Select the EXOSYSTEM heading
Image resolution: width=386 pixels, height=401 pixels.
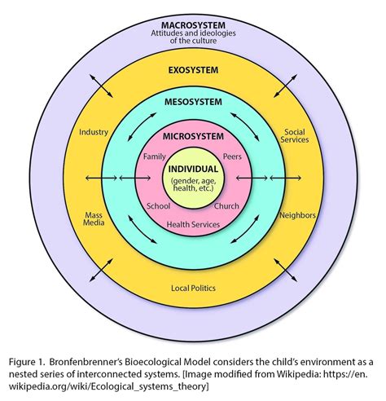(x=193, y=71)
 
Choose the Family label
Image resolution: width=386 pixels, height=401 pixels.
(x=155, y=155)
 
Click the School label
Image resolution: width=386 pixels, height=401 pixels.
(x=157, y=206)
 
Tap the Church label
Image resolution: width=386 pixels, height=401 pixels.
(x=227, y=206)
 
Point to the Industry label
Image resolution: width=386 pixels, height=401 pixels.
(x=94, y=131)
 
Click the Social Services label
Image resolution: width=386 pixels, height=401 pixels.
(x=294, y=137)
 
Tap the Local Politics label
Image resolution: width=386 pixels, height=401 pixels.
(x=193, y=288)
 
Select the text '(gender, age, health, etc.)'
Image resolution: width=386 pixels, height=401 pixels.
(x=193, y=184)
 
